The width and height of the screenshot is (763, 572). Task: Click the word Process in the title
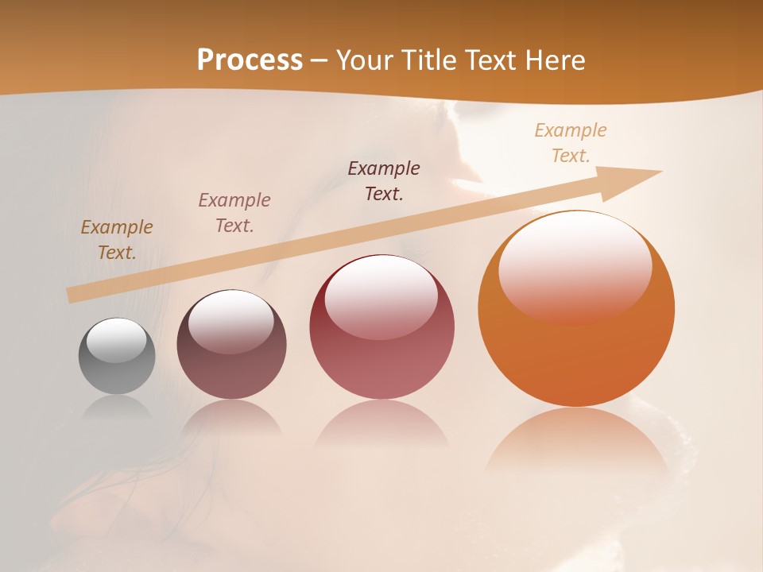250,60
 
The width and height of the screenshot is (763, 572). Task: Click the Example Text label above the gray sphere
117,240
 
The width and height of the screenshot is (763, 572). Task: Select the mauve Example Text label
234,213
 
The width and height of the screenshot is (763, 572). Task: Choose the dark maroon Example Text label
384,180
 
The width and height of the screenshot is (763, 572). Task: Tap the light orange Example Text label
571,143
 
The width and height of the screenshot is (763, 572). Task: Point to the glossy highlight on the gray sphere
116,340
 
